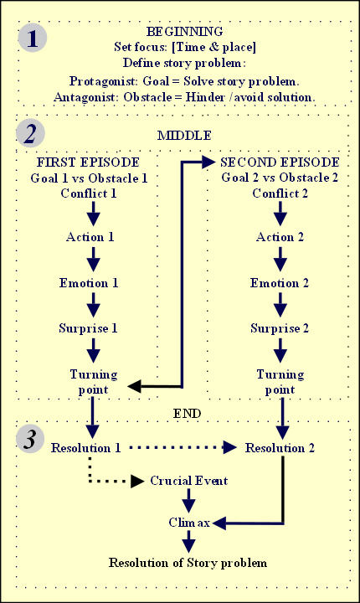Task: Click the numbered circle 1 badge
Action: [x=33, y=38]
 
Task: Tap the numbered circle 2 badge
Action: [x=30, y=133]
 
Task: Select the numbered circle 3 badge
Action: [x=30, y=439]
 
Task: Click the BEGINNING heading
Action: [x=185, y=32]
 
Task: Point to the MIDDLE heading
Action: [x=185, y=136]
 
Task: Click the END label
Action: [x=187, y=414]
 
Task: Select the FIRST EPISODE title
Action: [x=88, y=162]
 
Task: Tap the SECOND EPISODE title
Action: [x=280, y=162]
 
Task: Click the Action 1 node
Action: [x=90, y=237]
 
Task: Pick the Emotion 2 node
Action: [x=280, y=283]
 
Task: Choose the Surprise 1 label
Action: [x=88, y=328]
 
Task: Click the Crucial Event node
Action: [x=189, y=481]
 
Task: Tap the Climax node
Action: [x=189, y=523]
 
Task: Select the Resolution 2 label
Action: [x=280, y=448]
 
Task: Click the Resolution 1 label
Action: [x=85, y=448]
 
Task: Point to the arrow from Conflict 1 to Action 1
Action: [x=93, y=213]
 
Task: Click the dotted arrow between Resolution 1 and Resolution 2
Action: [x=183, y=447]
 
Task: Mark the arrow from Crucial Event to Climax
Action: [x=188, y=500]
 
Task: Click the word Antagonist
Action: [x=85, y=97]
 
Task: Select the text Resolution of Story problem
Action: [x=188, y=563]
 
